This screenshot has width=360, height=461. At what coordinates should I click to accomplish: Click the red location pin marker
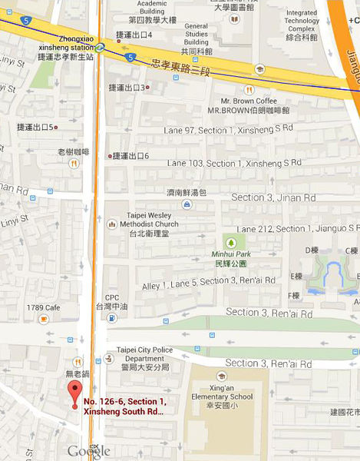point(74,391)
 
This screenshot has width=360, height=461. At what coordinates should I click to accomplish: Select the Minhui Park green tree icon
point(229,242)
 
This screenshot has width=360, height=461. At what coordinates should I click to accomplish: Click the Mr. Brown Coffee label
point(249,104)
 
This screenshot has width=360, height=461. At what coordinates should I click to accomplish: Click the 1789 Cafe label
point(41,307)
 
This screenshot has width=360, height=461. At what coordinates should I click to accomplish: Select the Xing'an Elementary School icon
point(221,378)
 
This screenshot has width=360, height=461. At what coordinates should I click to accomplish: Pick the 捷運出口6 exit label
point(130,156)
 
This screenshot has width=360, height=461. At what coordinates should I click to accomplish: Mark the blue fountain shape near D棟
point(332,277)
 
